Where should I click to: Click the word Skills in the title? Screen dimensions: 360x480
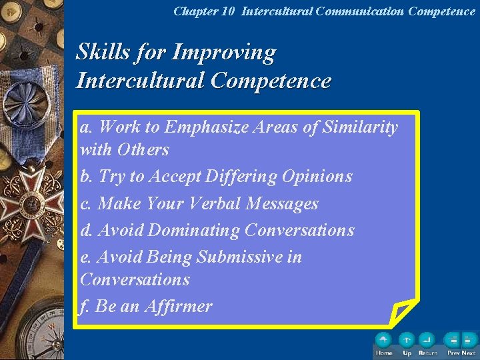tap(99, 52)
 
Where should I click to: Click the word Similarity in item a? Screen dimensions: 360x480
tap(360, 127)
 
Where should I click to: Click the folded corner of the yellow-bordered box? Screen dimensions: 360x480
tap(403, 311)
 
